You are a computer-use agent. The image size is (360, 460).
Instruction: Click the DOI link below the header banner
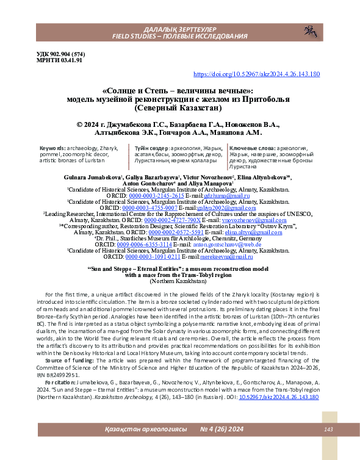pyautogui.click(x=256, y=74)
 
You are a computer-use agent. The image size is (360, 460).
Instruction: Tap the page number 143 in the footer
pyautogui.click(x=328, y=430)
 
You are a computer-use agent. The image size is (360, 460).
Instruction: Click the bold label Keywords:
pyautogui.click(x=54, y=148)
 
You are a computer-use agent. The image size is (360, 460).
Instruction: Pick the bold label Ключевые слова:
pyautogui.click(x=250, y=148)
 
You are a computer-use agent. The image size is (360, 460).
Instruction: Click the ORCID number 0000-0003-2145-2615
pyautogui.click(x=155, y=196)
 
